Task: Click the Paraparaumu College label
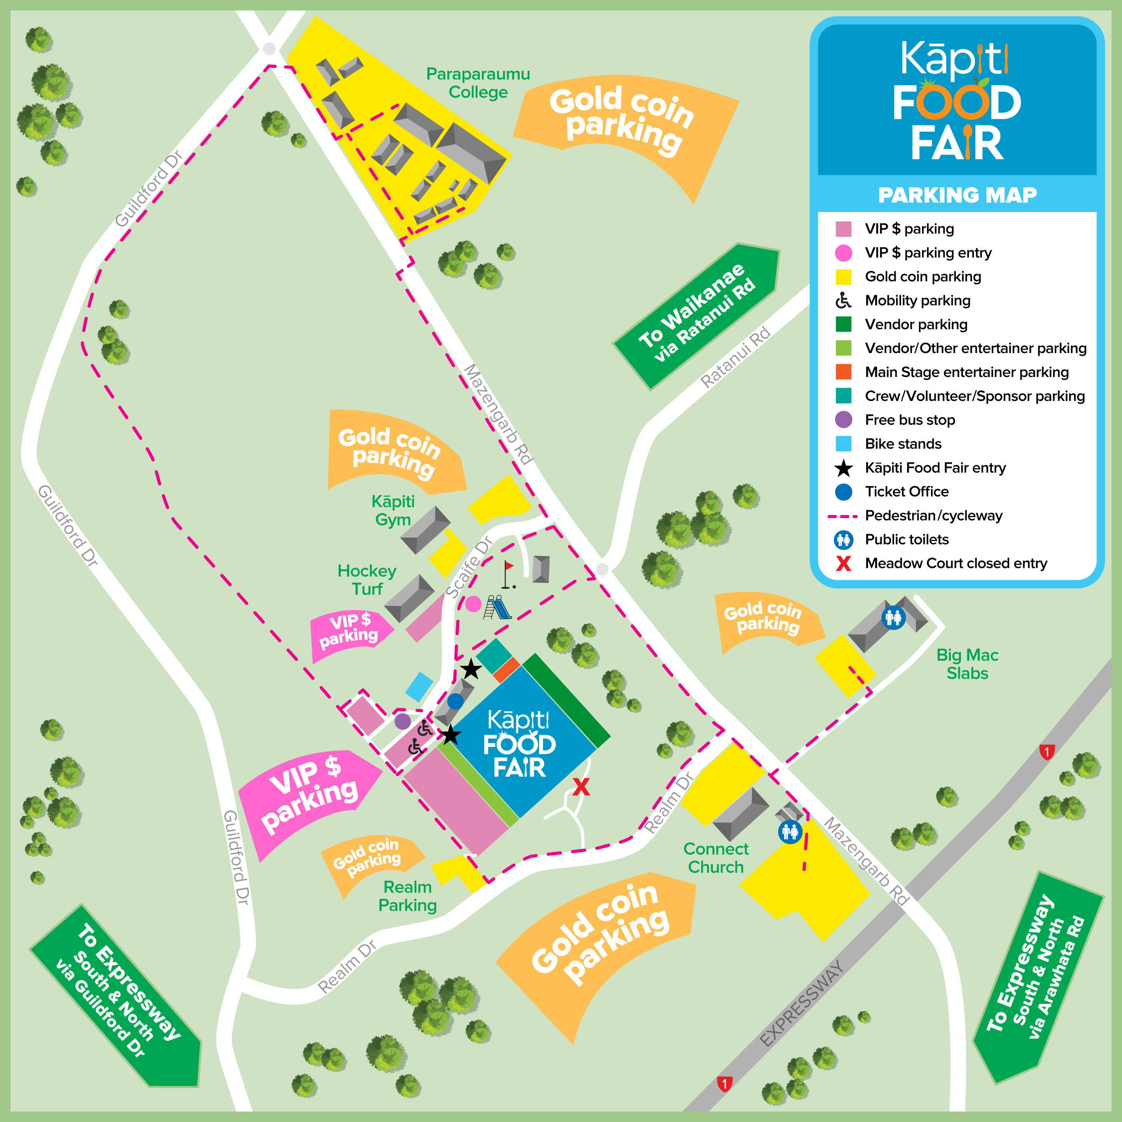pos(477,83)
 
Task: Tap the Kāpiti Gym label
pos(393,510)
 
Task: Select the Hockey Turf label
pos(367,579)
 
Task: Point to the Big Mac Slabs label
pos(967,664)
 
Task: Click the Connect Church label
pos(716,858)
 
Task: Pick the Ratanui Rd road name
pos(735,357)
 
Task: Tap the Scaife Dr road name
pos(469,567)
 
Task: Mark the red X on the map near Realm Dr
pos(581,787)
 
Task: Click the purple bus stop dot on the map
pos(402,721)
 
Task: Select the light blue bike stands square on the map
pos(419,687)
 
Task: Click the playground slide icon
pos(498,607)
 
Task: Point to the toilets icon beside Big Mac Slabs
pos(893,617)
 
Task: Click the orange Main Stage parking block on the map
pos(507,670)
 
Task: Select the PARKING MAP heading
pos(957,195)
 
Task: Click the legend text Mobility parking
pos(918,300)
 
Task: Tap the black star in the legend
pos(843,468)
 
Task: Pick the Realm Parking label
pos(408,896)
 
